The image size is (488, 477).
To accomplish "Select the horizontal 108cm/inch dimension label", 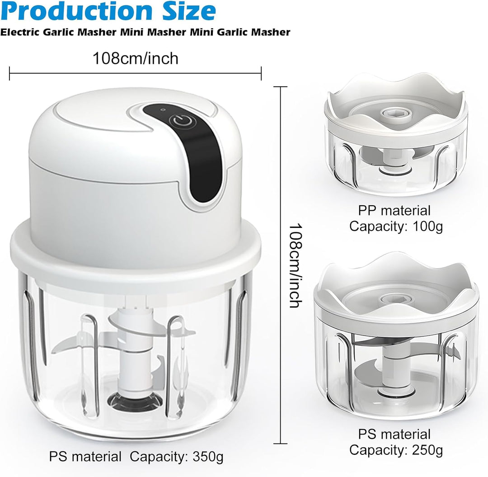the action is click(136, 58).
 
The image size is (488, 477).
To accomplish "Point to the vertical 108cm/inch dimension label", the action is click(295, 265).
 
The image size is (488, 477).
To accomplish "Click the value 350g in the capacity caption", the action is click(208, 457).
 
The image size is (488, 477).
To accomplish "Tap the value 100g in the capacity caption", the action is click(427, 227).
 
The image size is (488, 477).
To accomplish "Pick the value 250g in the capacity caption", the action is click(427, 450).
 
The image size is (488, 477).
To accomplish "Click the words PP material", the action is click(394, 211).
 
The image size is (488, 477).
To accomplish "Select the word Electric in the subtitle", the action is click(20, 32).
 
